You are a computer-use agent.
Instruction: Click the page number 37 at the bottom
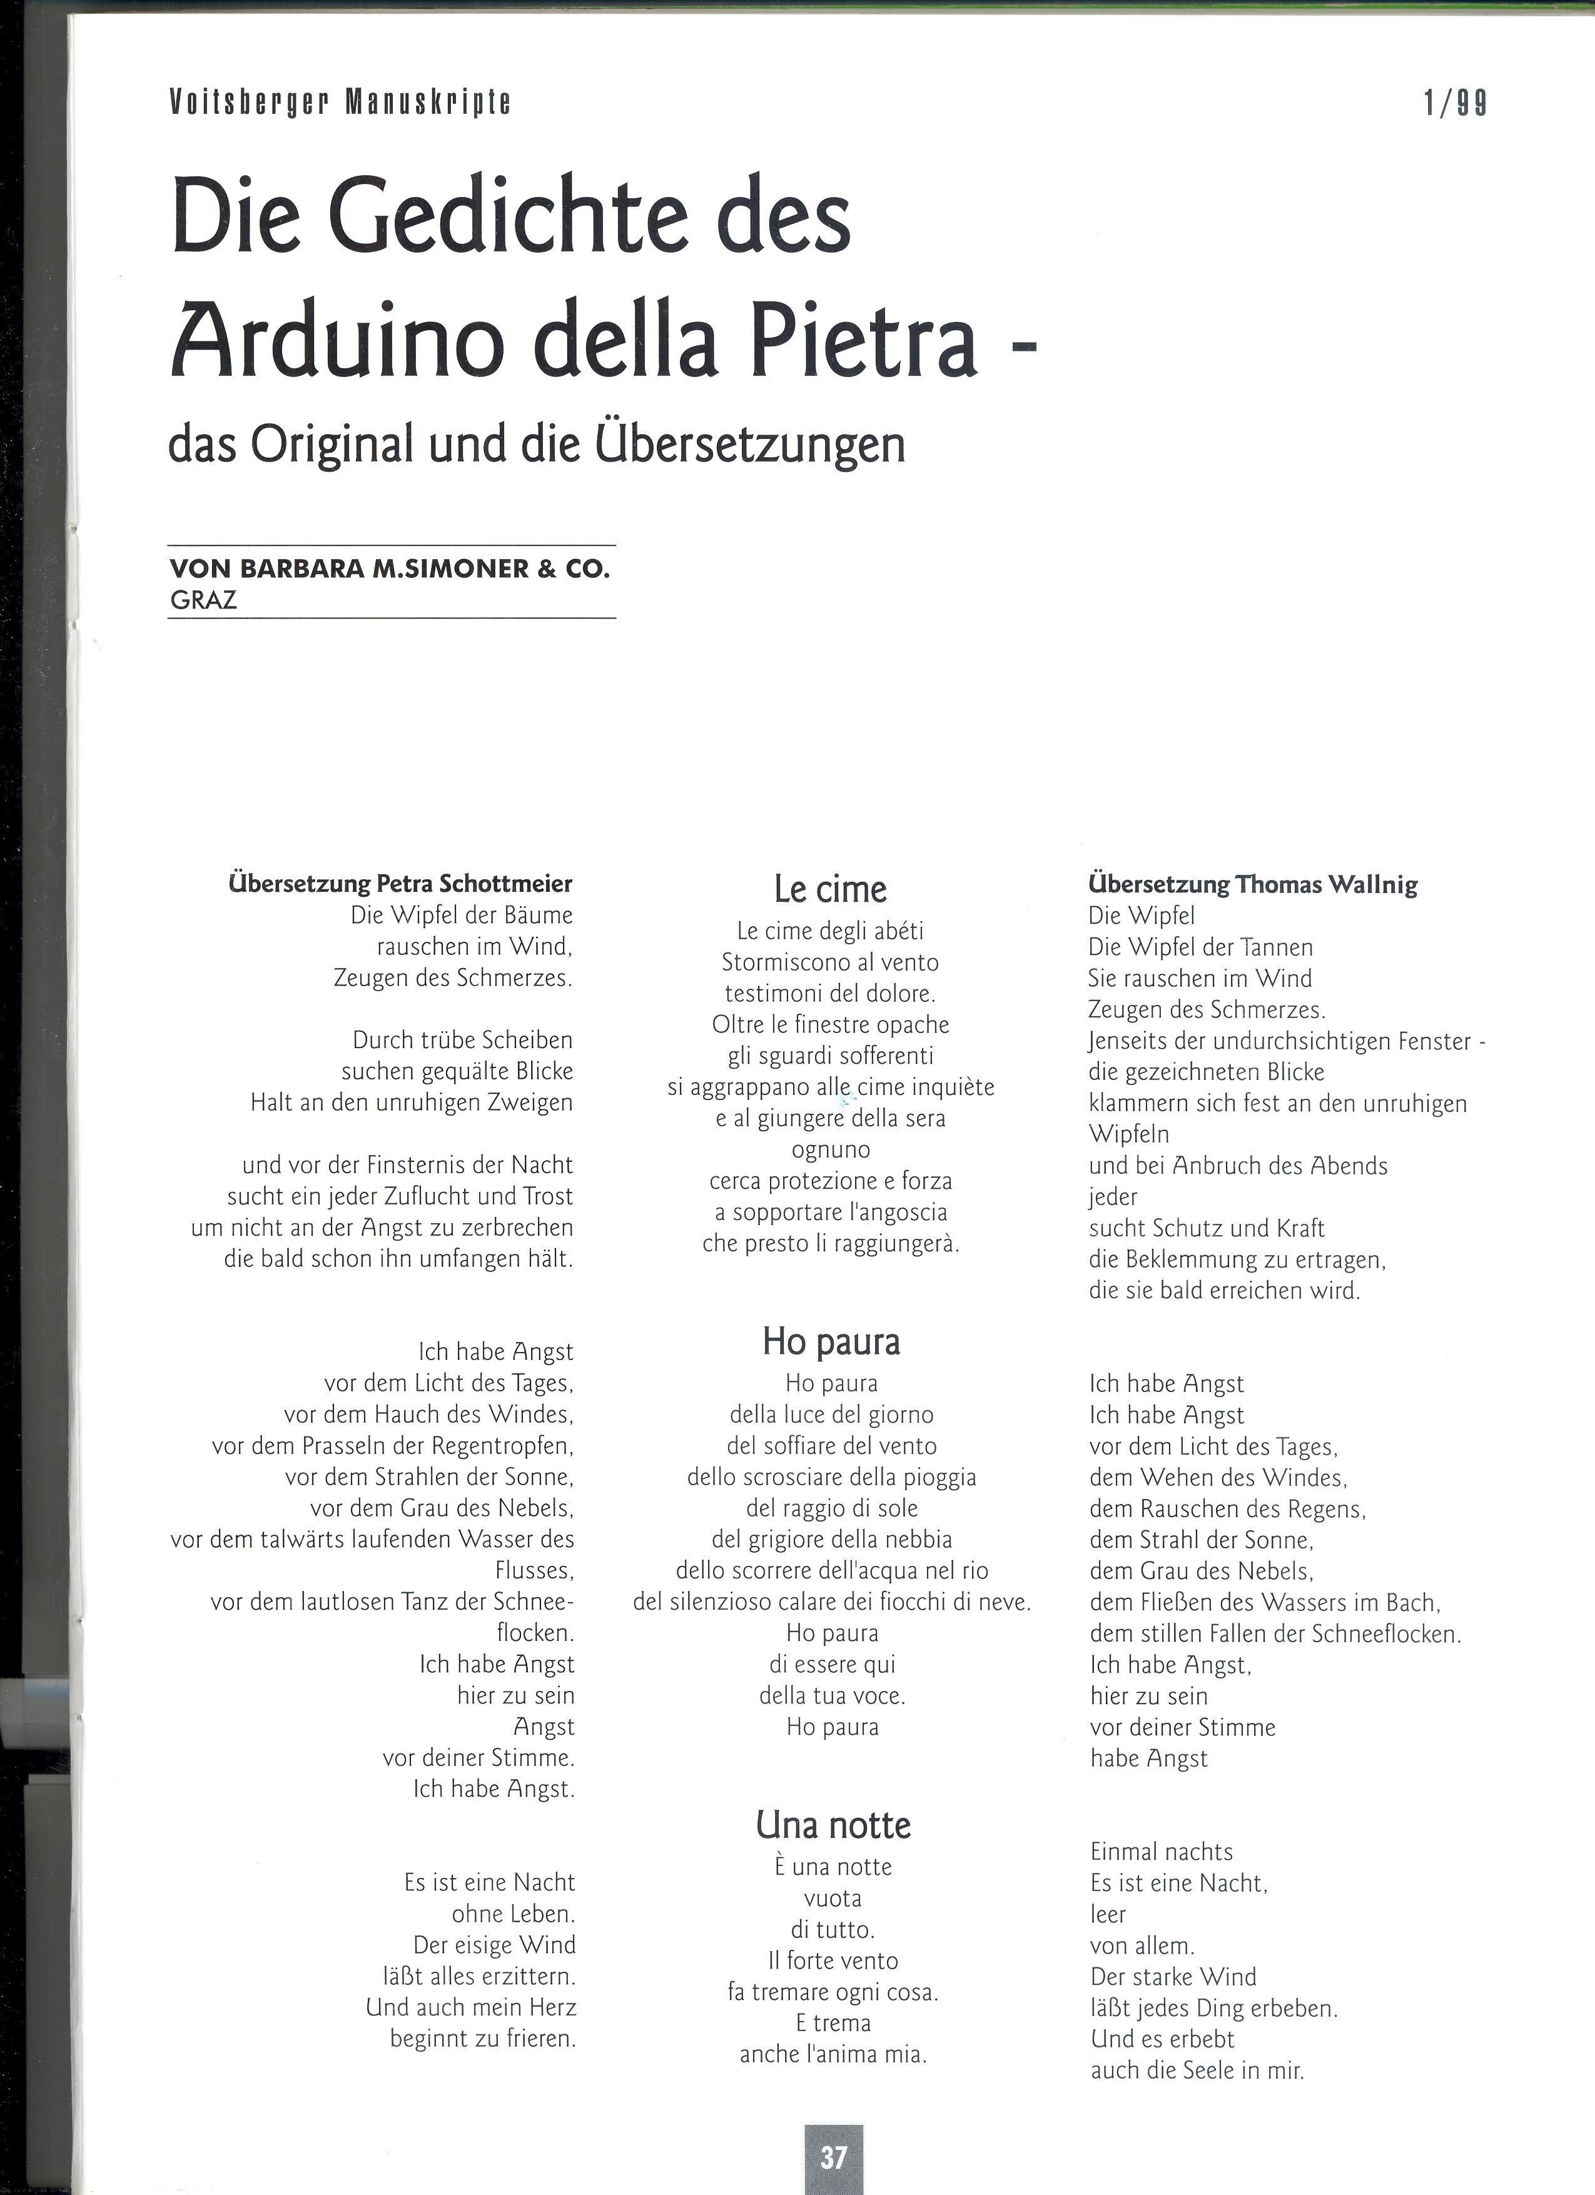click(x=833, y=2156)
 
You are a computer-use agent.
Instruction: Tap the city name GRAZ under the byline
click(x=203, y=600)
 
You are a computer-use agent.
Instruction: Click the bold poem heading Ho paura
click(x=831, y=1341)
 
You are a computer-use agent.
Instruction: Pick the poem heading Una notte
click(x=833, y=1824)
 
